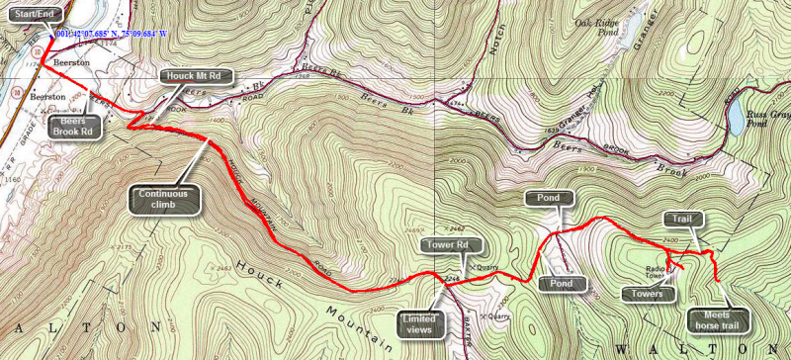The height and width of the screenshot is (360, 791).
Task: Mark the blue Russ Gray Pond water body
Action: pyautogui.click(x=736, y=118)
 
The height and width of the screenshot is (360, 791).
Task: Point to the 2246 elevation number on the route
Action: pyautogui.click(x=451, y=280)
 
